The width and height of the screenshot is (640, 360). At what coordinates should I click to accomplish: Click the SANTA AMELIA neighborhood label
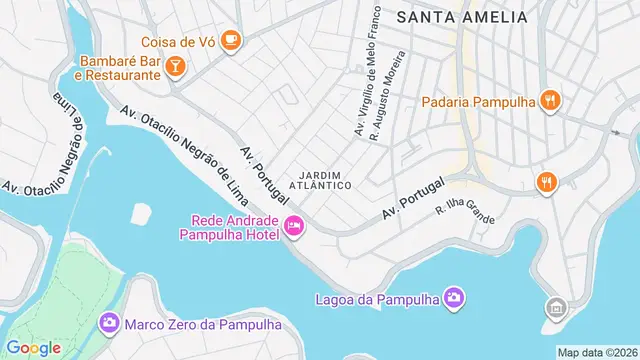461,17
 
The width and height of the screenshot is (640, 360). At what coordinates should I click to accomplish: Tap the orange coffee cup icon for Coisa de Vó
231,39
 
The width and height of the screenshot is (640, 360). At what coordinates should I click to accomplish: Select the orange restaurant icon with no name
545,181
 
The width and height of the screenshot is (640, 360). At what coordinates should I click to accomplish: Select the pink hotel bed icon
294,227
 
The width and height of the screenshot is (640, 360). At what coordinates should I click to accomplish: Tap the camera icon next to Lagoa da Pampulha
454,297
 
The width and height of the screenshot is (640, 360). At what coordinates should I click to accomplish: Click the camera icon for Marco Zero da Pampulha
108,323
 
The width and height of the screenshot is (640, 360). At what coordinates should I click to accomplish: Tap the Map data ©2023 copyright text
597,352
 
